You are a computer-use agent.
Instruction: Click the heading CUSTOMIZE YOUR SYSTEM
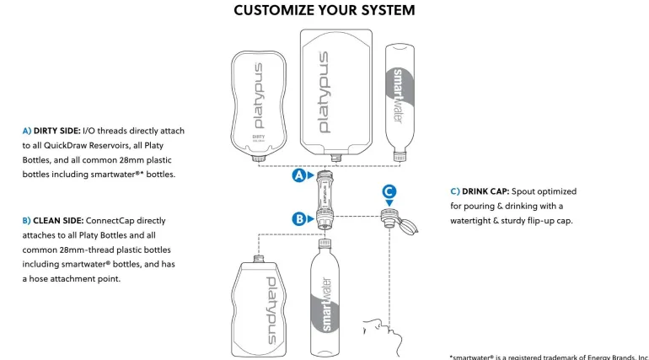(324, 11)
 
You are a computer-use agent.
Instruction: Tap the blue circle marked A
(299, 176)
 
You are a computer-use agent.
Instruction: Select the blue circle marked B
(299, 218)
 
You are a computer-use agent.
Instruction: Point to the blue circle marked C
(389, 191)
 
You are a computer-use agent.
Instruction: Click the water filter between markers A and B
(323, 199)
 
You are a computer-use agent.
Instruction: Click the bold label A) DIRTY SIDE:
(51, 131)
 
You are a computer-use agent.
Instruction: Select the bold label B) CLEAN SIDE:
(52, 220)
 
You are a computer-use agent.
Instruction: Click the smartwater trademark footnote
(549, 356)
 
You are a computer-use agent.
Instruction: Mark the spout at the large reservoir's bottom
(336, 158)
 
